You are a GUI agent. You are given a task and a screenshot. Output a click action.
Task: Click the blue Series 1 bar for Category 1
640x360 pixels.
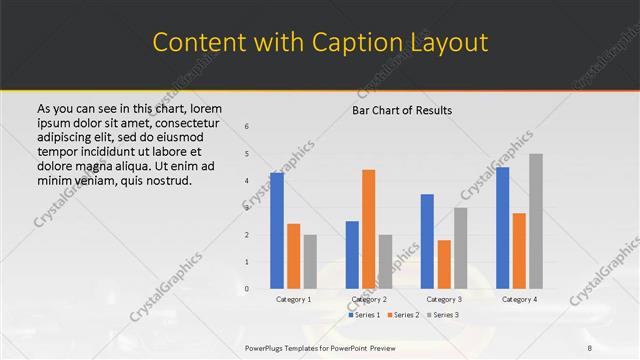click(277, 230)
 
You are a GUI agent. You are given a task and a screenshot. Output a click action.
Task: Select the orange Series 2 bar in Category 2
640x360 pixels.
click(368, 229)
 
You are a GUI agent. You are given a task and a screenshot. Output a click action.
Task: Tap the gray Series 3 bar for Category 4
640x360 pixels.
click(536, 221)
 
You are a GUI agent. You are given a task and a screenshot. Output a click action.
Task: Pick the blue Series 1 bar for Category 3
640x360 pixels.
click(427, 241)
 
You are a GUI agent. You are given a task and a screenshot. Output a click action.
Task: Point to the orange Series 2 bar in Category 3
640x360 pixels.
click(443, 264)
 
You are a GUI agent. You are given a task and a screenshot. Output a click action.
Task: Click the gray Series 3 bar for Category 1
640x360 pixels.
click(310, 261)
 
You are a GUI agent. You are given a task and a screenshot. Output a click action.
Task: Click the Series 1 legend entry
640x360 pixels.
click(365, 315)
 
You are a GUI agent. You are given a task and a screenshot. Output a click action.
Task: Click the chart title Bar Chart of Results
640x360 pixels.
click(402, 110)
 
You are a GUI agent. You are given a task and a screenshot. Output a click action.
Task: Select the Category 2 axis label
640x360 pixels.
click(368, 299)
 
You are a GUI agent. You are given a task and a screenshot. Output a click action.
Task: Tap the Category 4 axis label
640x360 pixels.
click(519, 299)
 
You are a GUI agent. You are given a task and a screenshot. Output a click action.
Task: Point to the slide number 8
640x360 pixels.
click(591, 347)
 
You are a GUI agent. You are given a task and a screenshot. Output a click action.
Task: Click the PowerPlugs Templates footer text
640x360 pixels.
click(320, 347)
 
